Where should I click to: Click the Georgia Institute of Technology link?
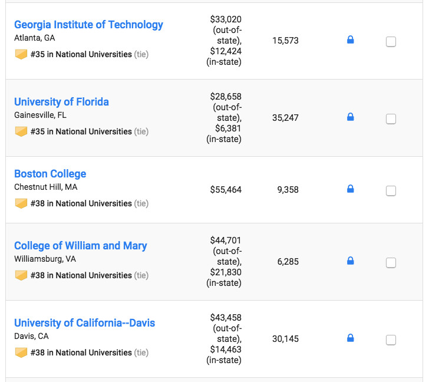(88, 25)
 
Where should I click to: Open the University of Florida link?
(61, 102)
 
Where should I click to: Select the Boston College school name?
(50, 174)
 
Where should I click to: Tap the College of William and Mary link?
(81, 246)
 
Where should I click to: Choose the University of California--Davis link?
(84, 323)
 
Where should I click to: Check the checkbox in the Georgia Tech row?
(391, 42)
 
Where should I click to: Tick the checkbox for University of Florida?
(391, 119)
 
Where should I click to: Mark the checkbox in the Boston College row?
(391, 191)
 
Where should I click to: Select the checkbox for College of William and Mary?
(391, 263)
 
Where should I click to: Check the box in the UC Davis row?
(391, 340)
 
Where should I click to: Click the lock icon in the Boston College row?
(350, 189)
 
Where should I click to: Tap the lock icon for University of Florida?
(350, 117)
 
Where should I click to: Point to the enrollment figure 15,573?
(285, 41)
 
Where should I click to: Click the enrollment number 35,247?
(285, 118)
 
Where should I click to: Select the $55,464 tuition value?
(226, 190)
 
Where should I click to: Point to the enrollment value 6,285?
(288, 262)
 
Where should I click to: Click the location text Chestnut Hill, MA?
(45, 187)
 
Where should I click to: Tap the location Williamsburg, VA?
(45, 259)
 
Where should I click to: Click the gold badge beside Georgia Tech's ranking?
(21, 54)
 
